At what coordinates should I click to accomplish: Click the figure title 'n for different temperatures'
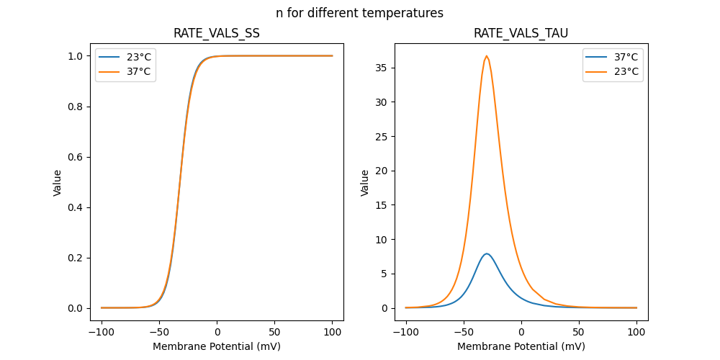click(x=359, y=13)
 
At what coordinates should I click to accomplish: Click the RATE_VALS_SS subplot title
click(x=217, y=33)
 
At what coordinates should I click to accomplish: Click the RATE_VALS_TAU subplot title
click(x=521, y=33)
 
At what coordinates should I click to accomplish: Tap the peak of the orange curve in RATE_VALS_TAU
click(x=487, y=56)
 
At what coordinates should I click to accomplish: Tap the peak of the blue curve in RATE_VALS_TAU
click(x=487, y=253)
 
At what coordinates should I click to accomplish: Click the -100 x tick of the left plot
click(x=102, y=333)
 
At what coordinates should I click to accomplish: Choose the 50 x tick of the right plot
click(x=579, y=333)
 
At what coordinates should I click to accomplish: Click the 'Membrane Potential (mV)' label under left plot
click(x=217, y=346)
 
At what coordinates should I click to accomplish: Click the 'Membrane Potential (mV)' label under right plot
click(x=521, y=346)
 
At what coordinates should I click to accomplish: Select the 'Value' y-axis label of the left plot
click(x=58, y=182)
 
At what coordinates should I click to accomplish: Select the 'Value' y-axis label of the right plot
click(x=365, y=182)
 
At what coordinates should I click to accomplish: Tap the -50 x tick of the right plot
click(x=464, y=333)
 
